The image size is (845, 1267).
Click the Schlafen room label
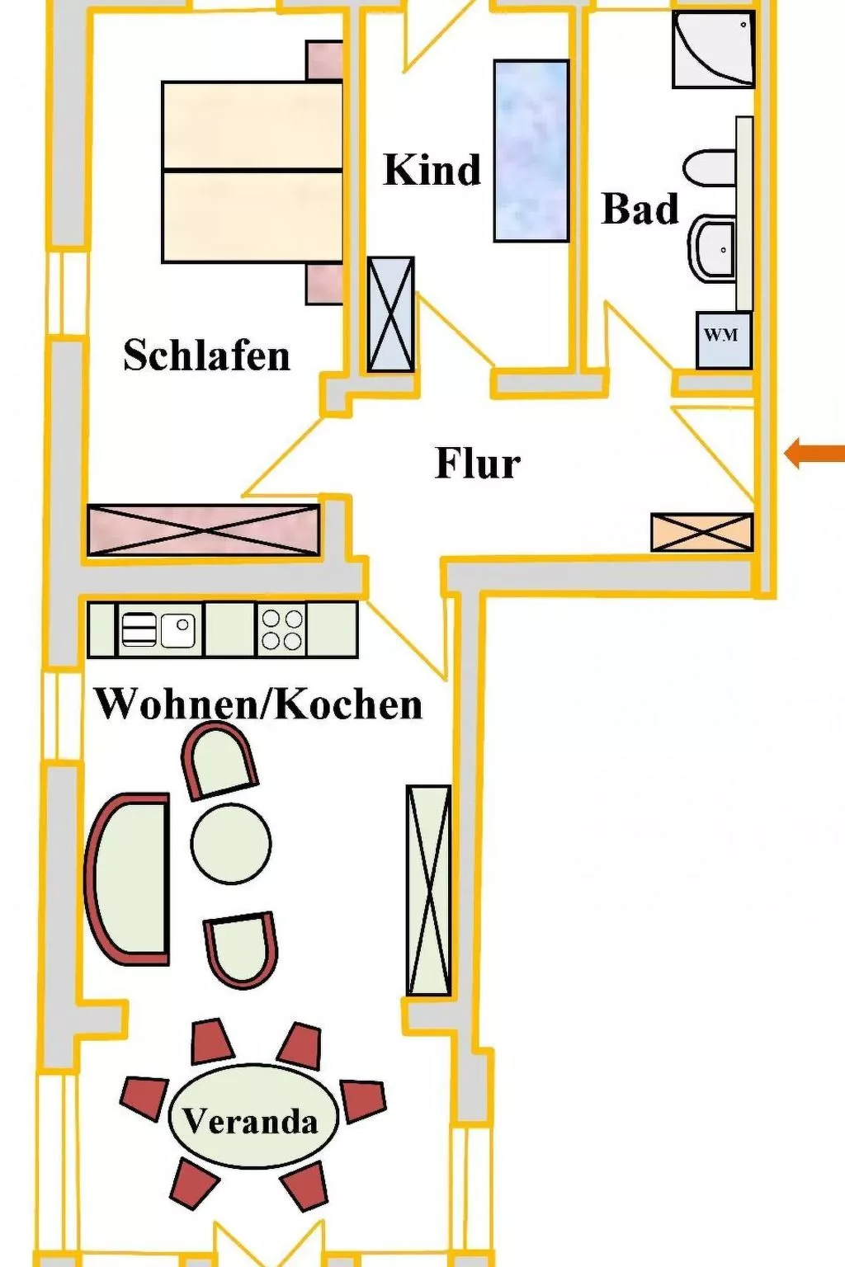[206, 356]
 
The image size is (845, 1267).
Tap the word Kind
[432, 169]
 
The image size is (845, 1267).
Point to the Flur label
[478, 464]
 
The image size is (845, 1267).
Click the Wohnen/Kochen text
[259, 704]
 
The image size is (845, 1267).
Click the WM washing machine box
[724, 339]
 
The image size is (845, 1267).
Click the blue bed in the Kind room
[531, 151]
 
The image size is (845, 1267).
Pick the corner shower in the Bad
[713, 49]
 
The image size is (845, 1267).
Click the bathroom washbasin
[712, 247]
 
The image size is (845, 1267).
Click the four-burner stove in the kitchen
[282, 629]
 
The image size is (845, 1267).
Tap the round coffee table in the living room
[231, 843]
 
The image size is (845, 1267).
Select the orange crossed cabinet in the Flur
[701, 532]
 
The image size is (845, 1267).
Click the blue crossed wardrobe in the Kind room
[390, 314]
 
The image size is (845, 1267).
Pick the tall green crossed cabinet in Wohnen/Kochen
[428, 890]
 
